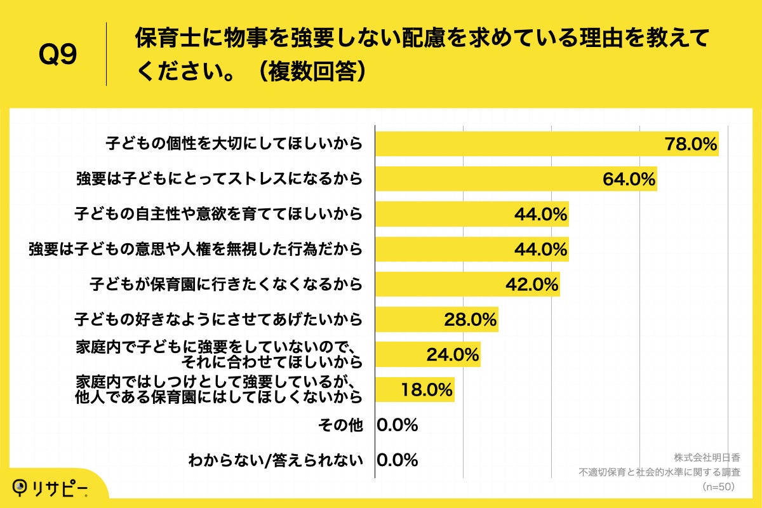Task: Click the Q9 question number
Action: coord(58,55)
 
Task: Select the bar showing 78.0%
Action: coord(546,144)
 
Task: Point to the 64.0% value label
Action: coord(629,179)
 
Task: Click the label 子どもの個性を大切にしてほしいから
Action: coord(234,144)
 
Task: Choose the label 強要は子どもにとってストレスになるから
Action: coord(219,179)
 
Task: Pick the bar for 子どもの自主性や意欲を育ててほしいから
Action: coord(471,214)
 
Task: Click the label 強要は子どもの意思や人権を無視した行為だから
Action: coord(196,249)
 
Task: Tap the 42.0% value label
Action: coord(531,284)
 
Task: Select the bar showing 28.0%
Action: coord(436,319)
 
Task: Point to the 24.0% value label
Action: coord(452,355)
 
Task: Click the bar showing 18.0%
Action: coord(415,390)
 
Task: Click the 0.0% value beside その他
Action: coord(398,425)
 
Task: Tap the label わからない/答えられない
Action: coord(276,460)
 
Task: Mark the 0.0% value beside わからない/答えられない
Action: coord(398,460)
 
